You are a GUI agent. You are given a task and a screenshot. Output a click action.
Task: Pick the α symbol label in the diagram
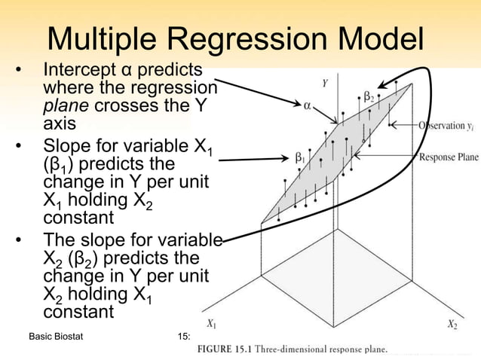tap(308, 106)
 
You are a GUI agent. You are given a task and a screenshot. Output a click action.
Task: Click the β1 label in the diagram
tap(299, 159)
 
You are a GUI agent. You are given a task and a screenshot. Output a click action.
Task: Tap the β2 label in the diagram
tap(369, 96)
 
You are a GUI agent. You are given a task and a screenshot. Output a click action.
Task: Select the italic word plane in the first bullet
tap(64, 106)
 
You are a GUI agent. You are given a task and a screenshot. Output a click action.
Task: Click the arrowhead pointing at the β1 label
tap(284, 160)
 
